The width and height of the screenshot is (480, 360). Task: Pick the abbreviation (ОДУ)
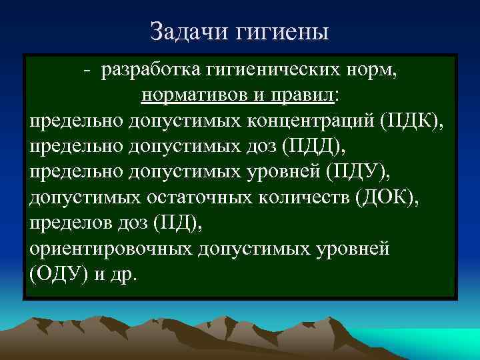click(56, 274)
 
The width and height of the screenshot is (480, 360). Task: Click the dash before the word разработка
click(87, 70)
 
